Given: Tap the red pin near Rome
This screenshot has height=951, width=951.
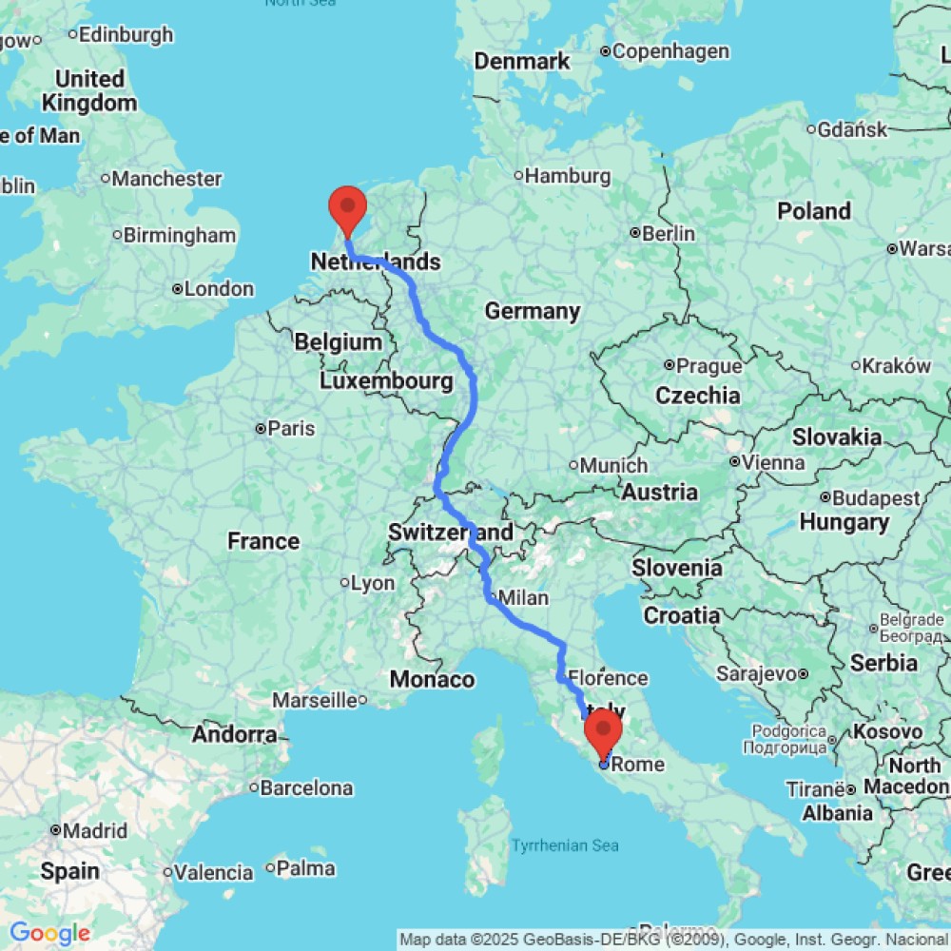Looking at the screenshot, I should pyautogui.click(x=603, y=730).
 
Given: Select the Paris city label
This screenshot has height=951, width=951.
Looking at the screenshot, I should pyautogui.click(x=291, y=429).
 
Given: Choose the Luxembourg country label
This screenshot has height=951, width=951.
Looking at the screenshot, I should pyautogui.click(x=385, y=381).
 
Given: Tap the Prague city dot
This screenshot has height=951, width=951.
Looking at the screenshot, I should pyautogui.click(x=670, y=364).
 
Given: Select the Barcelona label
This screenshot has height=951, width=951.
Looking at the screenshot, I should pyautogui.click(x=306, y=787).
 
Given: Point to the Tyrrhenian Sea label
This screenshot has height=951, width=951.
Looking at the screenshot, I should pyautogui.click(x=566, y=844).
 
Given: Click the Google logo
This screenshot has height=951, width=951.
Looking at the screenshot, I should pyautogui.click(x=49, y=934).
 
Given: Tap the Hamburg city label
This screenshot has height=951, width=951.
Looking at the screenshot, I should pyautogui.click(x=568, y=176).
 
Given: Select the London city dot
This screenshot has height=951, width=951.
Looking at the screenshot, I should pyautogui.click(x=178, y=288).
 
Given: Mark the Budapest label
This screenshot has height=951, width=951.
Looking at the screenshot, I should pyautogui.click(x=876, y=497).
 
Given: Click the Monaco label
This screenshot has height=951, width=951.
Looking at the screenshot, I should pyautogui.click(x=432, y=679).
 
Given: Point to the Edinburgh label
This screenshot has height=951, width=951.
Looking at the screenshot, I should pyautogui.click(x=126, y=34).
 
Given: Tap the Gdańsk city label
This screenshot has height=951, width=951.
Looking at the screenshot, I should pyautogui.click(x=852, y=128).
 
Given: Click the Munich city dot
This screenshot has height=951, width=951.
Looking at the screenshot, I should pyautogui.click(x=573, y=465).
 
